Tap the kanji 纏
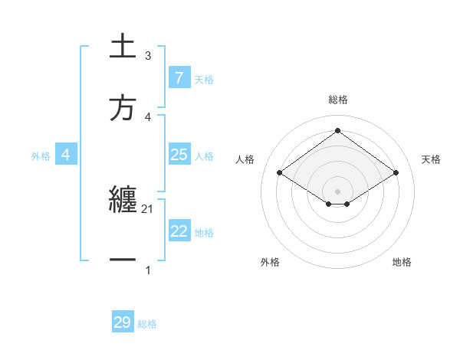[123, 201]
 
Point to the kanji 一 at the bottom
[123, 261]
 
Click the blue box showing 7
[179, 78]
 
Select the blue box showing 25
[179, 155]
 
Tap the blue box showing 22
[179, 231]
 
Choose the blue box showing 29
[123, 322]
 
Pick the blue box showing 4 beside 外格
[66, 155]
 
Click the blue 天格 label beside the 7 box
[204, 79]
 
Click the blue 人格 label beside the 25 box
[204, 155]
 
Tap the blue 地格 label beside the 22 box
[204, 232]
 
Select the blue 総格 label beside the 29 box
[147, 324]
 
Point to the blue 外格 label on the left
[41, 155]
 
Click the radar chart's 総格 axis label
[338, 100]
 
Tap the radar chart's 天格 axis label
[432, 159]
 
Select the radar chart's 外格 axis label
[270, 262]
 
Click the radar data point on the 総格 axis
[338, 130]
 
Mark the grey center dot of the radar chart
[338, 191]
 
